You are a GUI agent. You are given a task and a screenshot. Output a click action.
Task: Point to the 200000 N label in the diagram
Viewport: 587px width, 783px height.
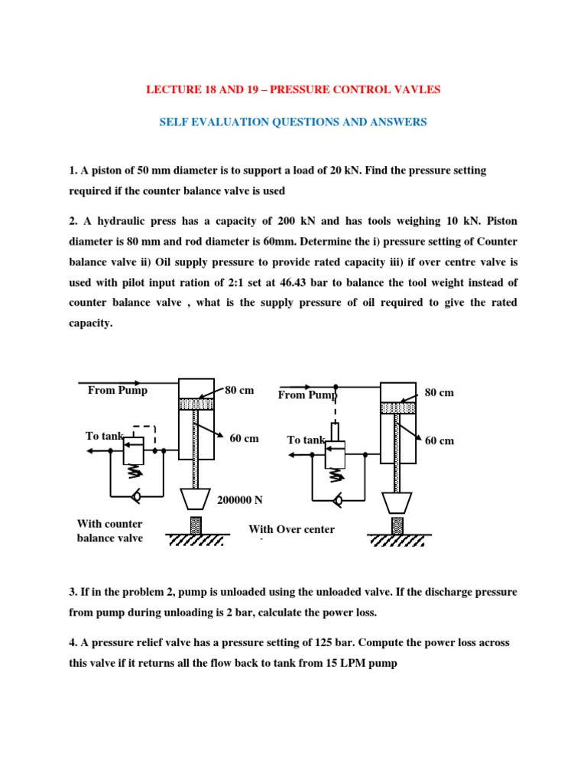240,499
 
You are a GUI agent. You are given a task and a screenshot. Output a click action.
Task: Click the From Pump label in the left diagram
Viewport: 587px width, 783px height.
118,391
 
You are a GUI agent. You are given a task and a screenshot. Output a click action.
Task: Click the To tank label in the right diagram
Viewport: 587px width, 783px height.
306,440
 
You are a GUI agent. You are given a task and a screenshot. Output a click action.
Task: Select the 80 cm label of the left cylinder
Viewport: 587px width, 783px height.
239,391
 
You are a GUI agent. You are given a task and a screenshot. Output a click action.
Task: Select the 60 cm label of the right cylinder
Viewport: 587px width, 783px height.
439,441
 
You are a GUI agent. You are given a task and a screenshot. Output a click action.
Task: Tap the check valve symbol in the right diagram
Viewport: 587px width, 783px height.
337,502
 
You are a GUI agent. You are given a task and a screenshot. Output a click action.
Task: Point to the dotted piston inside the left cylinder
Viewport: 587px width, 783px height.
196,404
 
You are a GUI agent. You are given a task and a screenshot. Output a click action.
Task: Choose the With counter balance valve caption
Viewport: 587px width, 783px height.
109,531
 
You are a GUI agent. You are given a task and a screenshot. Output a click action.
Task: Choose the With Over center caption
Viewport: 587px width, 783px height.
291,529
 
